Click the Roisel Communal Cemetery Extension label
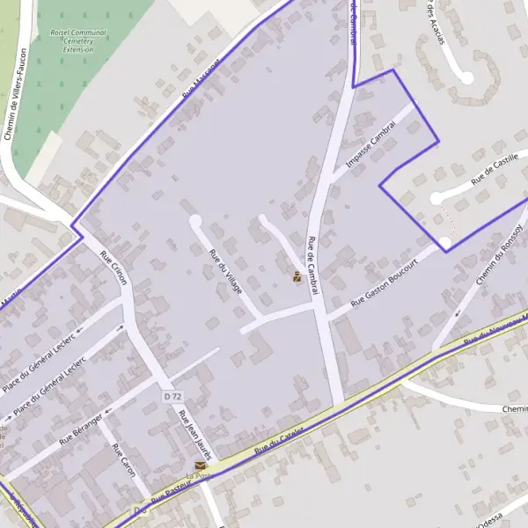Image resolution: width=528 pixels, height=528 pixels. point(78,40)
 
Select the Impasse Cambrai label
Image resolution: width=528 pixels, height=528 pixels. point(372,144)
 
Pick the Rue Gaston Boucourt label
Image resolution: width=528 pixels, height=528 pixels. point(382,289)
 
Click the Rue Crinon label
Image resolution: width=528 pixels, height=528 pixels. point(115,268)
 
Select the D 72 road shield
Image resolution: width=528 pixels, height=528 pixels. point(172,397)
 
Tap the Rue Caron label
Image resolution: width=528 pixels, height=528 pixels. point(123,460)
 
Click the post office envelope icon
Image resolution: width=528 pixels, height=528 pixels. point(200,465)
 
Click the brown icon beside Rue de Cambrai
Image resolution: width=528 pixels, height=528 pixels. point(297,277)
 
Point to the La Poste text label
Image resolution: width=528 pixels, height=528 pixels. point(200,477)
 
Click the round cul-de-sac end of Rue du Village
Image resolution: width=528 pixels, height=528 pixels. point(195,221)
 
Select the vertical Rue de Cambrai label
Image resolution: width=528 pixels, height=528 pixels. point(312,265)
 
